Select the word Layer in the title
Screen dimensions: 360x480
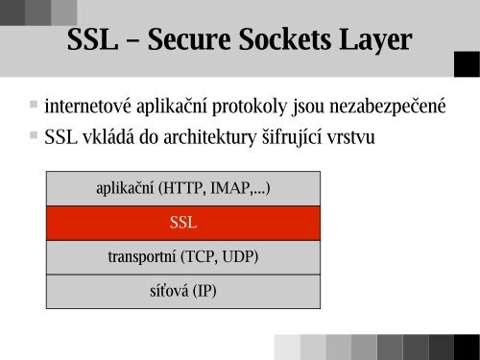[372, 42]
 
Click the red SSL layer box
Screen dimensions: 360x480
[182, 223]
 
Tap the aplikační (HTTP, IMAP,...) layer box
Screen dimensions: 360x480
[182, 188]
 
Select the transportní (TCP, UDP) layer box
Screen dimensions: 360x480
[182, 256]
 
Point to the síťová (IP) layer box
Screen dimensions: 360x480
[182, 289]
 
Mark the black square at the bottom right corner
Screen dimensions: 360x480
[466, 346]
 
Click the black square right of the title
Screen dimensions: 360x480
[466, 63]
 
